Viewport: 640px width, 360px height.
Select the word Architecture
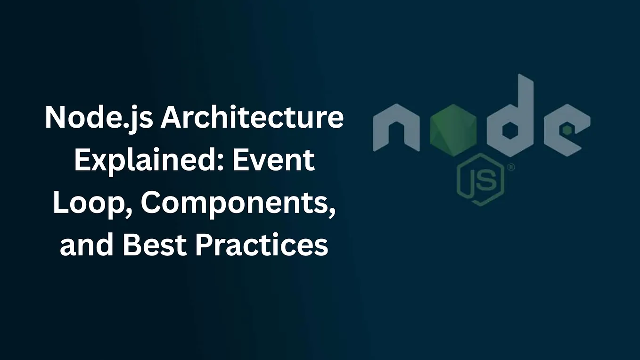tap(252, 118)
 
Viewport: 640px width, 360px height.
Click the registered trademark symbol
tap(510, 167)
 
